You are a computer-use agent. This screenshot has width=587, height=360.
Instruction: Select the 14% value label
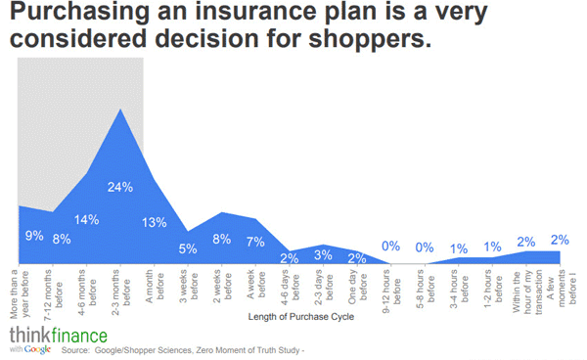86,219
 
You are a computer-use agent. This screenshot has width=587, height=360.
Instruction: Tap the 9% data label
33,236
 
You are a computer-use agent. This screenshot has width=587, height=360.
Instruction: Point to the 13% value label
154,222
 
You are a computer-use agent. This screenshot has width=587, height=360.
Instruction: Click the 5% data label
188,247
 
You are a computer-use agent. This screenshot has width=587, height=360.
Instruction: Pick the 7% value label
255,241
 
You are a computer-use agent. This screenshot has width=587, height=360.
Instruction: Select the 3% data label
324,255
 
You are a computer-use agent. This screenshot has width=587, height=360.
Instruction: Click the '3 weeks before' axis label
188,285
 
